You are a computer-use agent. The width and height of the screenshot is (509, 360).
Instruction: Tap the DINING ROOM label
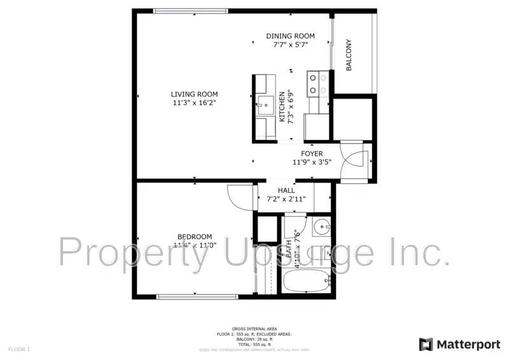coord(290,36)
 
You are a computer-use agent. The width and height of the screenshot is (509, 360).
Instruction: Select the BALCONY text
coord(349,55)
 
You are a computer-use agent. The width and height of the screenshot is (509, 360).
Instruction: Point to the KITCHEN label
coord(282,106)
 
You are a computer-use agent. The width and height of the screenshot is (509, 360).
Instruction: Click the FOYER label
coord(312,153)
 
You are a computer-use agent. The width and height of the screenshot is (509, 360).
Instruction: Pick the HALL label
coord(286,190)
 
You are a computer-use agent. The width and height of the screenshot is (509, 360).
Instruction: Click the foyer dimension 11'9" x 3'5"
coord(312,162)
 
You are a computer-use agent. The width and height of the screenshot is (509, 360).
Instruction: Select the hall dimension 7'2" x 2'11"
coord(286,199)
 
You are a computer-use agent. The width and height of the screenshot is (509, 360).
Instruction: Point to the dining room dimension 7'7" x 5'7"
coord(290,45)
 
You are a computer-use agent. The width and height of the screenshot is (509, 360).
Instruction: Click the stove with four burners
coord(317,83)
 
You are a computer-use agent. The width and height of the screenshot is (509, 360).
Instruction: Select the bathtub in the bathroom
coord(306,280)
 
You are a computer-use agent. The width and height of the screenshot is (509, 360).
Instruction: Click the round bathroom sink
coord(323,226)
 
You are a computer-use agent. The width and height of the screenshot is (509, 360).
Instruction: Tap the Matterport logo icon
coord(426,344)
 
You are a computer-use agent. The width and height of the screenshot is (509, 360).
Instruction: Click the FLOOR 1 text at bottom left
coord(19,349)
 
